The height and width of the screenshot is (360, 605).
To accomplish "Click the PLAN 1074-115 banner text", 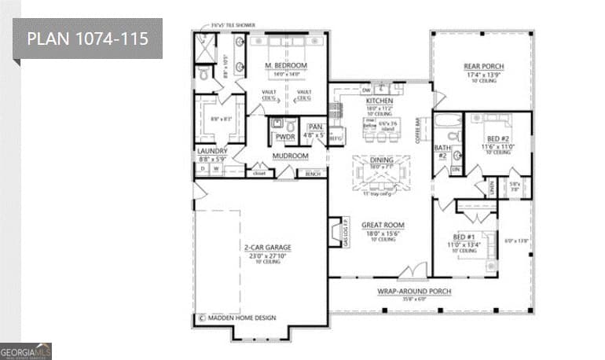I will pyautogui.click(x=87, y=39).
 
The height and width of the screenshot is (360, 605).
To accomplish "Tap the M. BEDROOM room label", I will pyautogui.click(x=285, y=65).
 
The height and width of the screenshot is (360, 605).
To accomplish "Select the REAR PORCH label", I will pyautogui.click(x=484, y=66).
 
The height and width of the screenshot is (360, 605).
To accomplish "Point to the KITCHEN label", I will pyautogui.click(x=379, y=101).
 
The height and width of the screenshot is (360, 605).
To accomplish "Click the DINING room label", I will pyautogui.click(x=381, y=160).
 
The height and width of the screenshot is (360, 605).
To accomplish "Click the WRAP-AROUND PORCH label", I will pyautogui.click(x=414, y=291).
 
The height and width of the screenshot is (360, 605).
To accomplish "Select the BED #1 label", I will pyautogui.click(x=464, y=237).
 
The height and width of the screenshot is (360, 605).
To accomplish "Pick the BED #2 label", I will pyautogui.click(x=497, y=138).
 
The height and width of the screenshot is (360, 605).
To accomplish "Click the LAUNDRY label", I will pyautogui.click(x=212, y=151).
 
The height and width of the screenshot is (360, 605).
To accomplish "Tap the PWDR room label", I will pyautogui.click(x=284, y=137).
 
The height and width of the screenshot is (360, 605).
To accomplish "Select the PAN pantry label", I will pyautogui.click(x=316, y=127).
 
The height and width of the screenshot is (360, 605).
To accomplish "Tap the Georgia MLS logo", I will pyautogui.click(x=26, y=351).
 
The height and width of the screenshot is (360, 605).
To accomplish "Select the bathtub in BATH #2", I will pyautogui.click(x=447, y=122).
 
